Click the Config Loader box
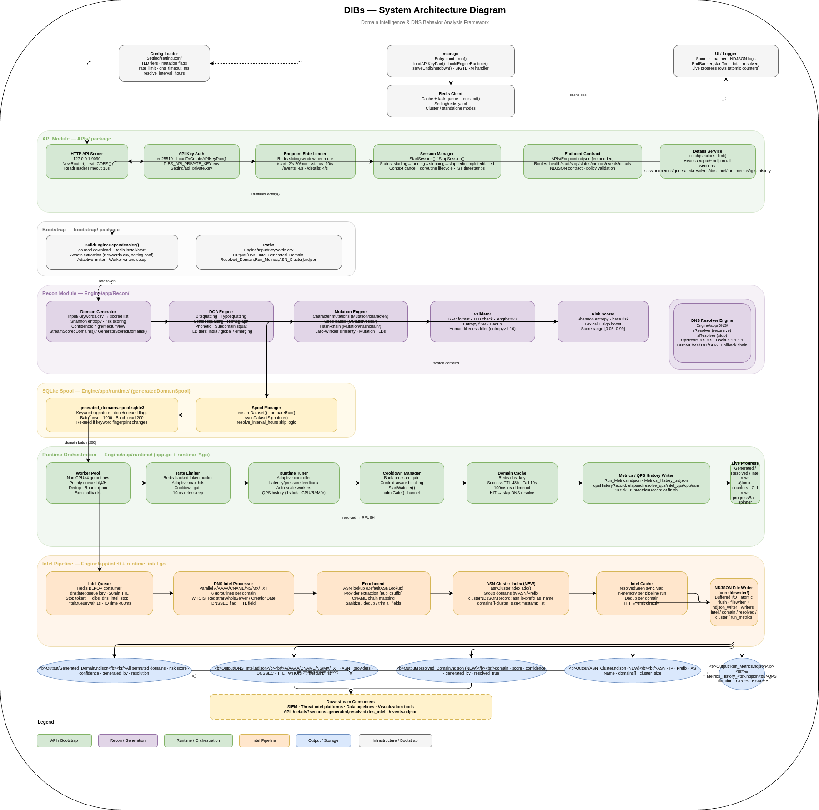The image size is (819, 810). tap(164, 63)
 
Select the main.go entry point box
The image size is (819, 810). tap(451, 61)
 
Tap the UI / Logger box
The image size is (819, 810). tap(726, 61)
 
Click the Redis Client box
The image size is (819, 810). tap(451, 101)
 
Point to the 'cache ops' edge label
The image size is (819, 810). tap(578, 95)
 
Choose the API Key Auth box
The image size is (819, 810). tap(191, 161)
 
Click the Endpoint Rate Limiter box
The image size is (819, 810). tap(305, 161)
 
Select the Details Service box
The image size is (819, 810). tap(708, 161)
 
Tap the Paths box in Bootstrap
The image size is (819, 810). tap(269, 252)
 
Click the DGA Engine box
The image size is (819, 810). tap(221, 321)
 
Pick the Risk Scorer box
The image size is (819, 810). tap(603, 321)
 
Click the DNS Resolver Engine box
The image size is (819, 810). tap(712, 333)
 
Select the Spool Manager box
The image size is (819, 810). tap(266, 415)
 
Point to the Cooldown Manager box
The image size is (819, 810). tap(402, 483)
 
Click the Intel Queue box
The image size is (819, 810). tap(99, 593)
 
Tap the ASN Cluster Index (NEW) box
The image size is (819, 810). tap(511, 593)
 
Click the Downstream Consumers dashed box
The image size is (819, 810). tap(351, 707)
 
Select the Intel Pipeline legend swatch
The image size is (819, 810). tap(264, 740)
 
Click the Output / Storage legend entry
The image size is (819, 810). tap(323, 740)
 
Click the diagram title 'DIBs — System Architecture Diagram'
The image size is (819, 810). tap(425, 10)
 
